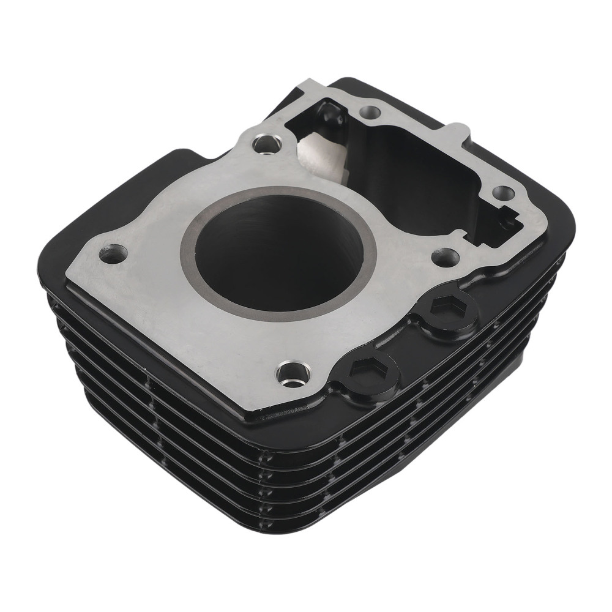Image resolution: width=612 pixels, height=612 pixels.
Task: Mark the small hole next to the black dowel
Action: click(368, 112)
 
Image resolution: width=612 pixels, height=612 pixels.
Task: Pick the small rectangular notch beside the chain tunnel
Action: click(510, 215)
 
